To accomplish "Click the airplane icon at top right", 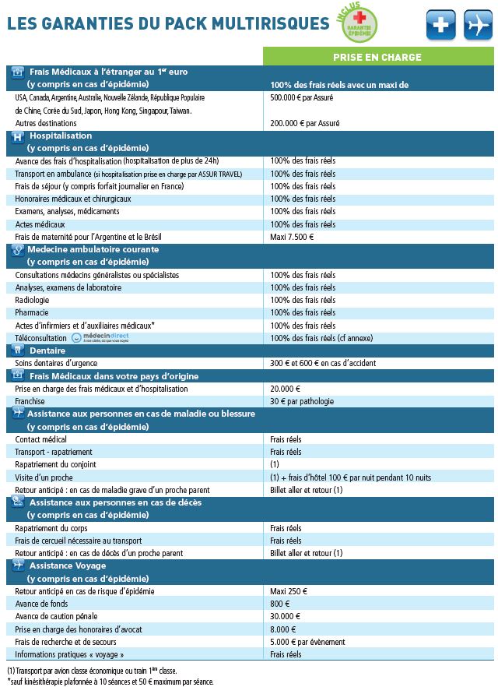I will tap(479, 25).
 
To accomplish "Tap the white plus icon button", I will tap(441, 25).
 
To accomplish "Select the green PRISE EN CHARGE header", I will tap(377, 57).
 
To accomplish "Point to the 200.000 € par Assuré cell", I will tap(305, 123).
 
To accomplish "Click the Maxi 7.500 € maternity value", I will tap(293, 237).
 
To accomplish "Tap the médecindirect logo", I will tap(97, 338).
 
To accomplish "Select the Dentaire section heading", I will tap(47, 351).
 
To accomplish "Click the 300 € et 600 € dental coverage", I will tap(323, 363).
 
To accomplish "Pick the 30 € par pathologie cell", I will tap(302, 401).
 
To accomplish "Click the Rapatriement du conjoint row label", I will tap(57, 464).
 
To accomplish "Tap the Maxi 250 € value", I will tap(289, 592).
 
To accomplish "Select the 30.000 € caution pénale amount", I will tap(286, 617).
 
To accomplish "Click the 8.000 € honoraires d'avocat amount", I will tap(283, 629).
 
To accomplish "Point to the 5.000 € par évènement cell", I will tap(308, 642).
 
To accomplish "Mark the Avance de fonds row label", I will tap(42, 604).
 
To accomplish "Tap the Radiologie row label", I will tap(32, 300).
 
